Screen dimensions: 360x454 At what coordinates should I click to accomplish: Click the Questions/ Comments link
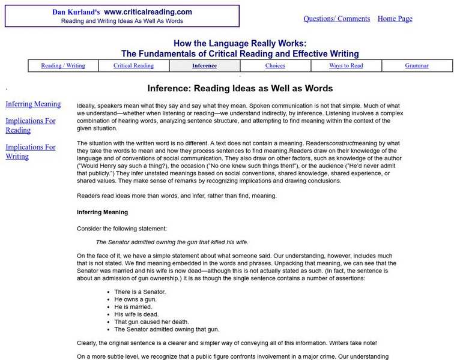point(336,19)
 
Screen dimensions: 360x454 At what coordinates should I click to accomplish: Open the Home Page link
point(395,19)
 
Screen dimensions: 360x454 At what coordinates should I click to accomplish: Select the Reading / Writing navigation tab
point(63,66)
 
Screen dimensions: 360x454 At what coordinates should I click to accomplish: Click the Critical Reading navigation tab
point(133,66)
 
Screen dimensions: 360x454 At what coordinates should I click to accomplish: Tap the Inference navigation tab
point(204,66)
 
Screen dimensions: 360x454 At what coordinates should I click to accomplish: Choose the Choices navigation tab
point(275,66)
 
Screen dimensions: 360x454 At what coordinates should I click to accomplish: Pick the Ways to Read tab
point(346,66)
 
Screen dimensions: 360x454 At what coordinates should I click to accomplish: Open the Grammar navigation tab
point(417,66)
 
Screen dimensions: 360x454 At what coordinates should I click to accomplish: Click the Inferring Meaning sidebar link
point(33,104)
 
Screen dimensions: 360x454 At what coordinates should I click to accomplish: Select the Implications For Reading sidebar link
point(31,125)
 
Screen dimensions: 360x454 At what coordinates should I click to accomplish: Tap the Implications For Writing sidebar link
point(31,152)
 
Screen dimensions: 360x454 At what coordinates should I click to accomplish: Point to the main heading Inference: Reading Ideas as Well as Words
point(240,88)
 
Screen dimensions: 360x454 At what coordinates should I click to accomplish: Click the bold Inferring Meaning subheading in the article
point(102,212)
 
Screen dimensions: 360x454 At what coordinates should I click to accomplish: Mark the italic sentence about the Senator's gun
point(172,242)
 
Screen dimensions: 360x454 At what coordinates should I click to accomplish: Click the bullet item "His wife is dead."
point(137,314)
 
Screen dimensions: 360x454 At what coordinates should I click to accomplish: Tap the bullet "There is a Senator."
point(139,291)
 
